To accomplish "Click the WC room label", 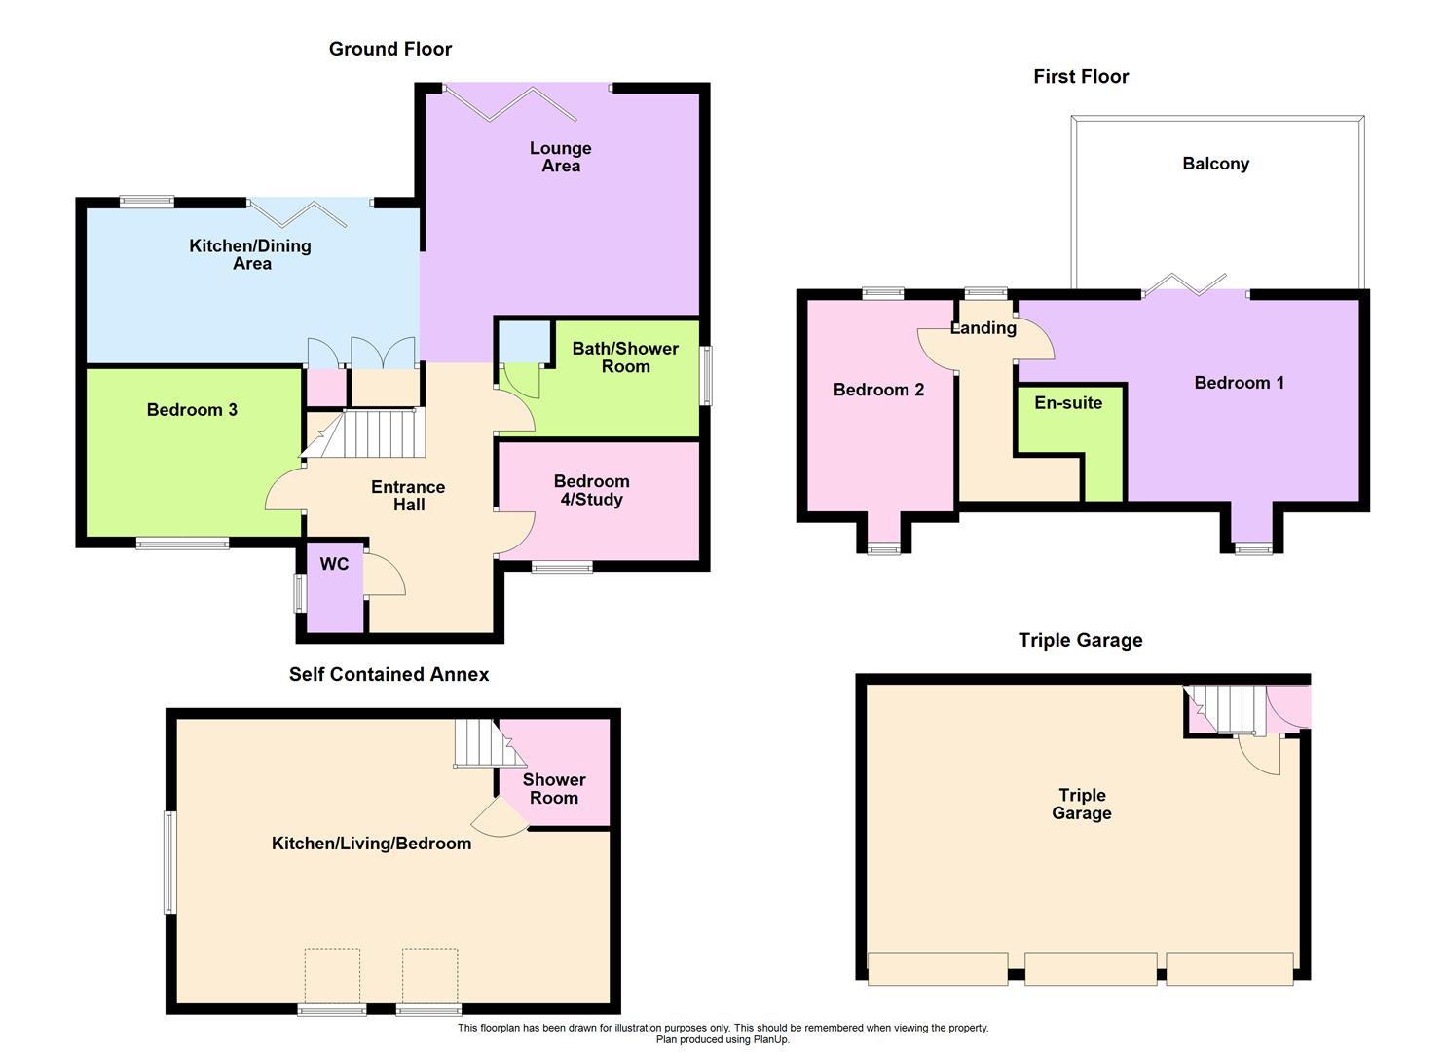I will point(334,564).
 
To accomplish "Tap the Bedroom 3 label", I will point(192,410).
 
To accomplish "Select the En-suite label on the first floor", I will point(1068,403).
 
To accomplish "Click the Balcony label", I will point(1215,164).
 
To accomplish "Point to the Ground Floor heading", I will point(390,49).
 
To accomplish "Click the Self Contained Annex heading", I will point(389,674).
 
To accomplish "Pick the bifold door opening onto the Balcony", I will point(1185,284).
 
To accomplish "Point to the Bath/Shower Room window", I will point(707,375).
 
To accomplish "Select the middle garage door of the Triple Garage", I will point(1091,968).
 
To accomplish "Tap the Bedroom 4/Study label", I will point(591,490).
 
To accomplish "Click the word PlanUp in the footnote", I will point(768,1039).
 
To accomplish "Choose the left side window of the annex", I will point(169,862).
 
